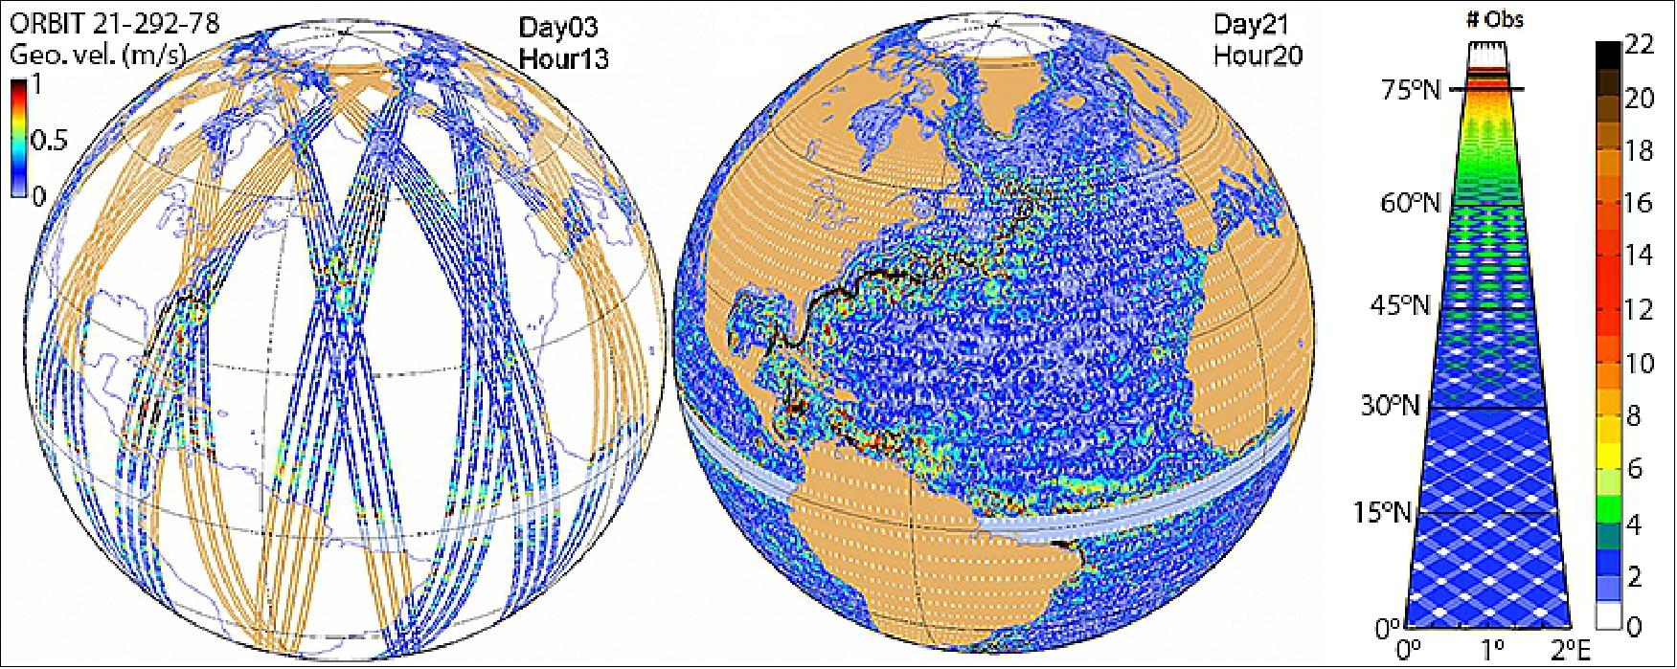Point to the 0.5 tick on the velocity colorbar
pyautogui.click(x=50, y=142)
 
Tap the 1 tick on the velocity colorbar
pyautogui.click(x=37, y=85)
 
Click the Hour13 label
pyautogui.click(x=563, y=57)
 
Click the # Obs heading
pyautogui.click(x=1494, y=18)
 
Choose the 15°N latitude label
pyautogui.click(x=1383, y=513)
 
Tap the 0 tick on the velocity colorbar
pyautogui.click(x=37, y=197)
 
